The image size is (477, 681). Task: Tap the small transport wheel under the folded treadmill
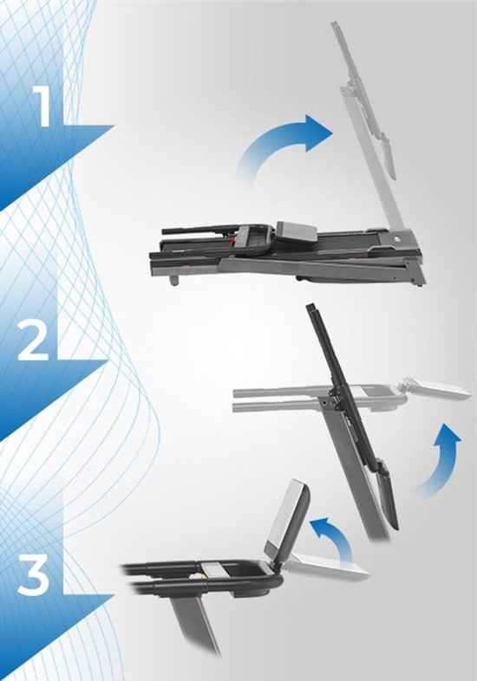click(x=175, y=280)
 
